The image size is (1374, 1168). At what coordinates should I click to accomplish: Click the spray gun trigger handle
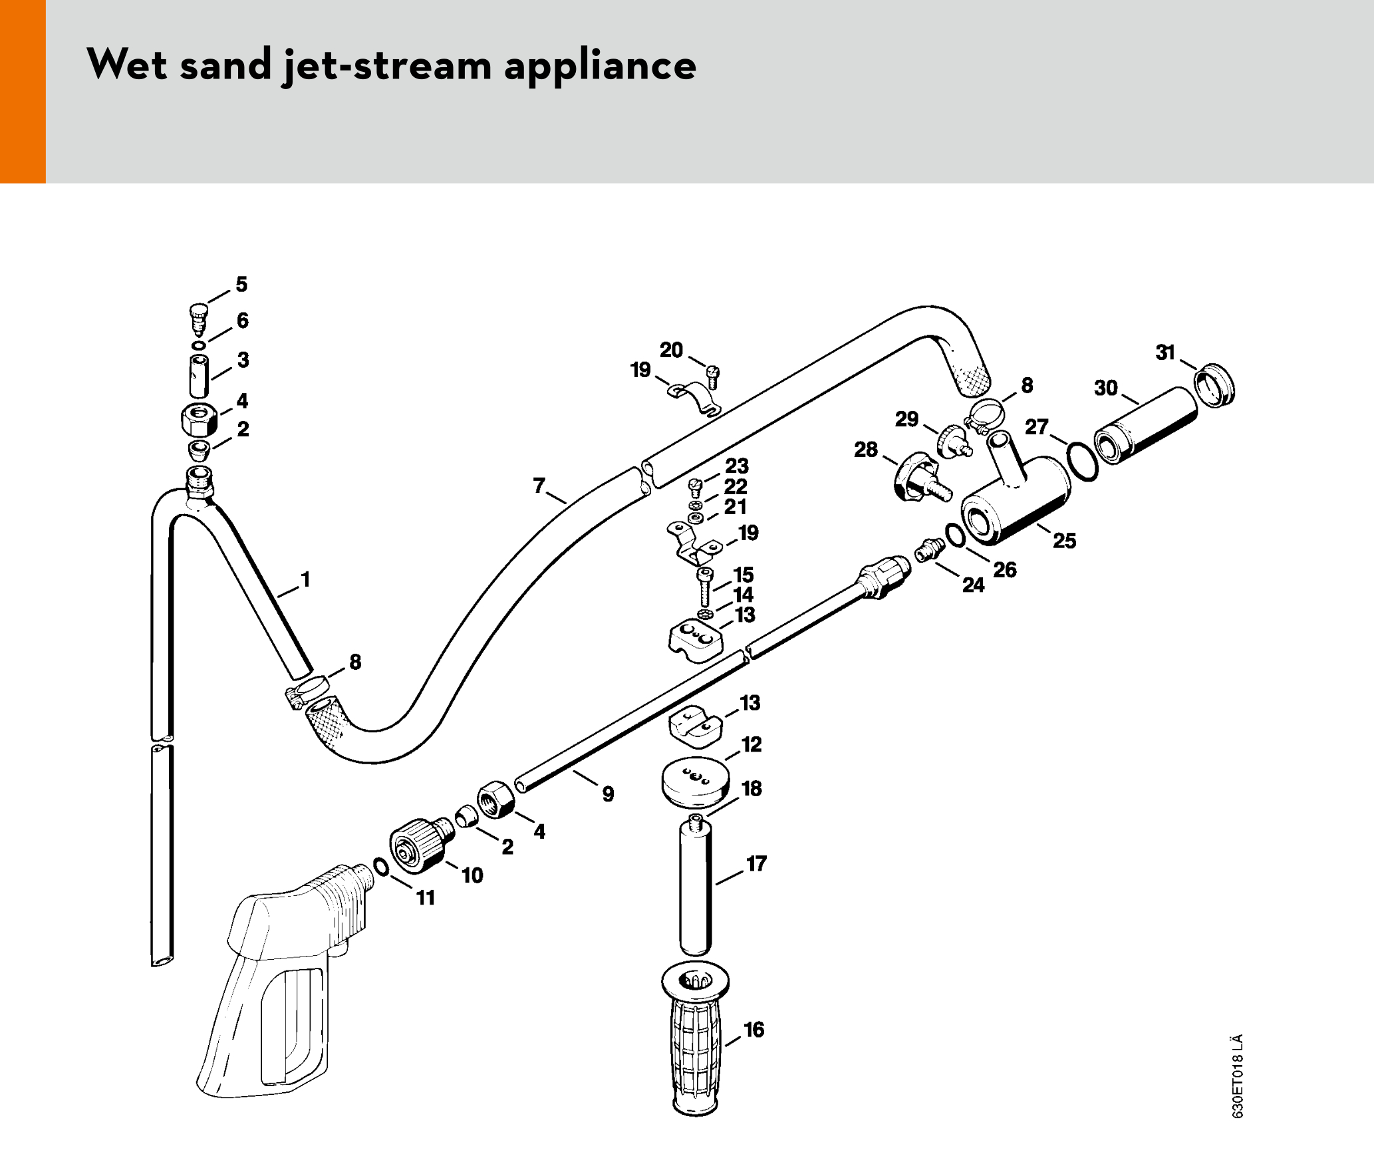click(x=279, y=984)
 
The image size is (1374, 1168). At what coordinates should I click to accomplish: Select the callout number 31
click(x=1165, y=353)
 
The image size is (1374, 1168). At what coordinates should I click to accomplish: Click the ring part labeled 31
click(x=1214, y=386)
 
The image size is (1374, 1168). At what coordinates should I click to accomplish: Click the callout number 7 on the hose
click(x=539, y=485)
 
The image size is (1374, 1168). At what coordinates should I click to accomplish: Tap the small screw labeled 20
click(x=713, y=376)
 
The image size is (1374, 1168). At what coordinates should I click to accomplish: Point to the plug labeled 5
click(x=198, y=318)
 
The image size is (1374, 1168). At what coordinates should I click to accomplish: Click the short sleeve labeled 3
click(x=199, y=376)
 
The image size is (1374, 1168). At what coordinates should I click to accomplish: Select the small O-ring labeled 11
click(x=381, y=867)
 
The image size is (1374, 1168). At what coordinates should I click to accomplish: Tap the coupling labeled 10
click(x=419, y=843)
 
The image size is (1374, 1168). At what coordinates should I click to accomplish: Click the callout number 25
click(x=1064, y=541)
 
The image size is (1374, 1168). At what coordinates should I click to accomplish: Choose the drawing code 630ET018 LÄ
click(x=1237, y=1076)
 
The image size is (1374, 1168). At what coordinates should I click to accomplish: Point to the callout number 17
click(x=757, y=864)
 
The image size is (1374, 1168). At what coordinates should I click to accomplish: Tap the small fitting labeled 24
click(x=929, y=550)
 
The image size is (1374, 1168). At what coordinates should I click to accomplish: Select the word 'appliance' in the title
click(x=600, y=65)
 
